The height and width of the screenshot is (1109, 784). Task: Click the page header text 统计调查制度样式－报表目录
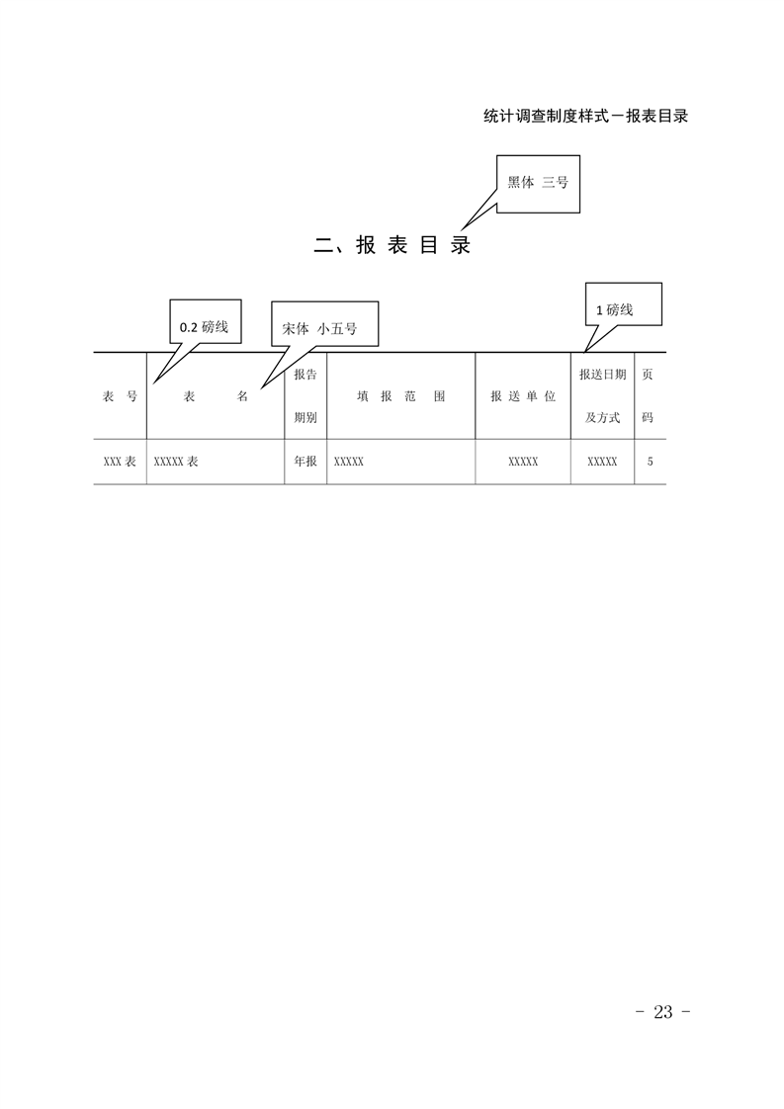(x=586, y=116)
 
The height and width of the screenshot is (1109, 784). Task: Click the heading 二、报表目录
(x=392, y=245)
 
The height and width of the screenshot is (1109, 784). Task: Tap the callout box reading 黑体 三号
(x=538, y=183)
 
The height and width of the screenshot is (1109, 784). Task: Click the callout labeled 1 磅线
(x=624, y=304)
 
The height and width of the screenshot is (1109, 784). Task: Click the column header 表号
(x=120, y=396)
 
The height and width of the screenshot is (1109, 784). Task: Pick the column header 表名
(x=216, y=396)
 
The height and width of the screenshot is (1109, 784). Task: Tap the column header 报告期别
(x=305, y=396)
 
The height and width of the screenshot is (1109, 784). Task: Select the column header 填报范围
(x=400, y=396)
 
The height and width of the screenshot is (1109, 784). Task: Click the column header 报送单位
(x=523, y=396)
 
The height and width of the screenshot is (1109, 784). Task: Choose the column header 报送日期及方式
(x=602, y=396)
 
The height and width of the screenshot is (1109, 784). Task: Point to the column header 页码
(x=648, y=396)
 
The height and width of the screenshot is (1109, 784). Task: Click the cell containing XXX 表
(x=120, y=462)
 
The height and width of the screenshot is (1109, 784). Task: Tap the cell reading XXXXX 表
(x=176, y=462)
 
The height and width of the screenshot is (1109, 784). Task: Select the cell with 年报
(x=305, y=462)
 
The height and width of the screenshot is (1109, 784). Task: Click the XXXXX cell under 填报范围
(x=349, y=462)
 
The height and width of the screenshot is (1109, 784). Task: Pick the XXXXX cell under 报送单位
(x=523, y=462)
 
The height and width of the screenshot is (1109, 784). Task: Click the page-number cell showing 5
(x=651, y=462)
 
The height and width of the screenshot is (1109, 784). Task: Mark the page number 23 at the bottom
(x=663, y=1012)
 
